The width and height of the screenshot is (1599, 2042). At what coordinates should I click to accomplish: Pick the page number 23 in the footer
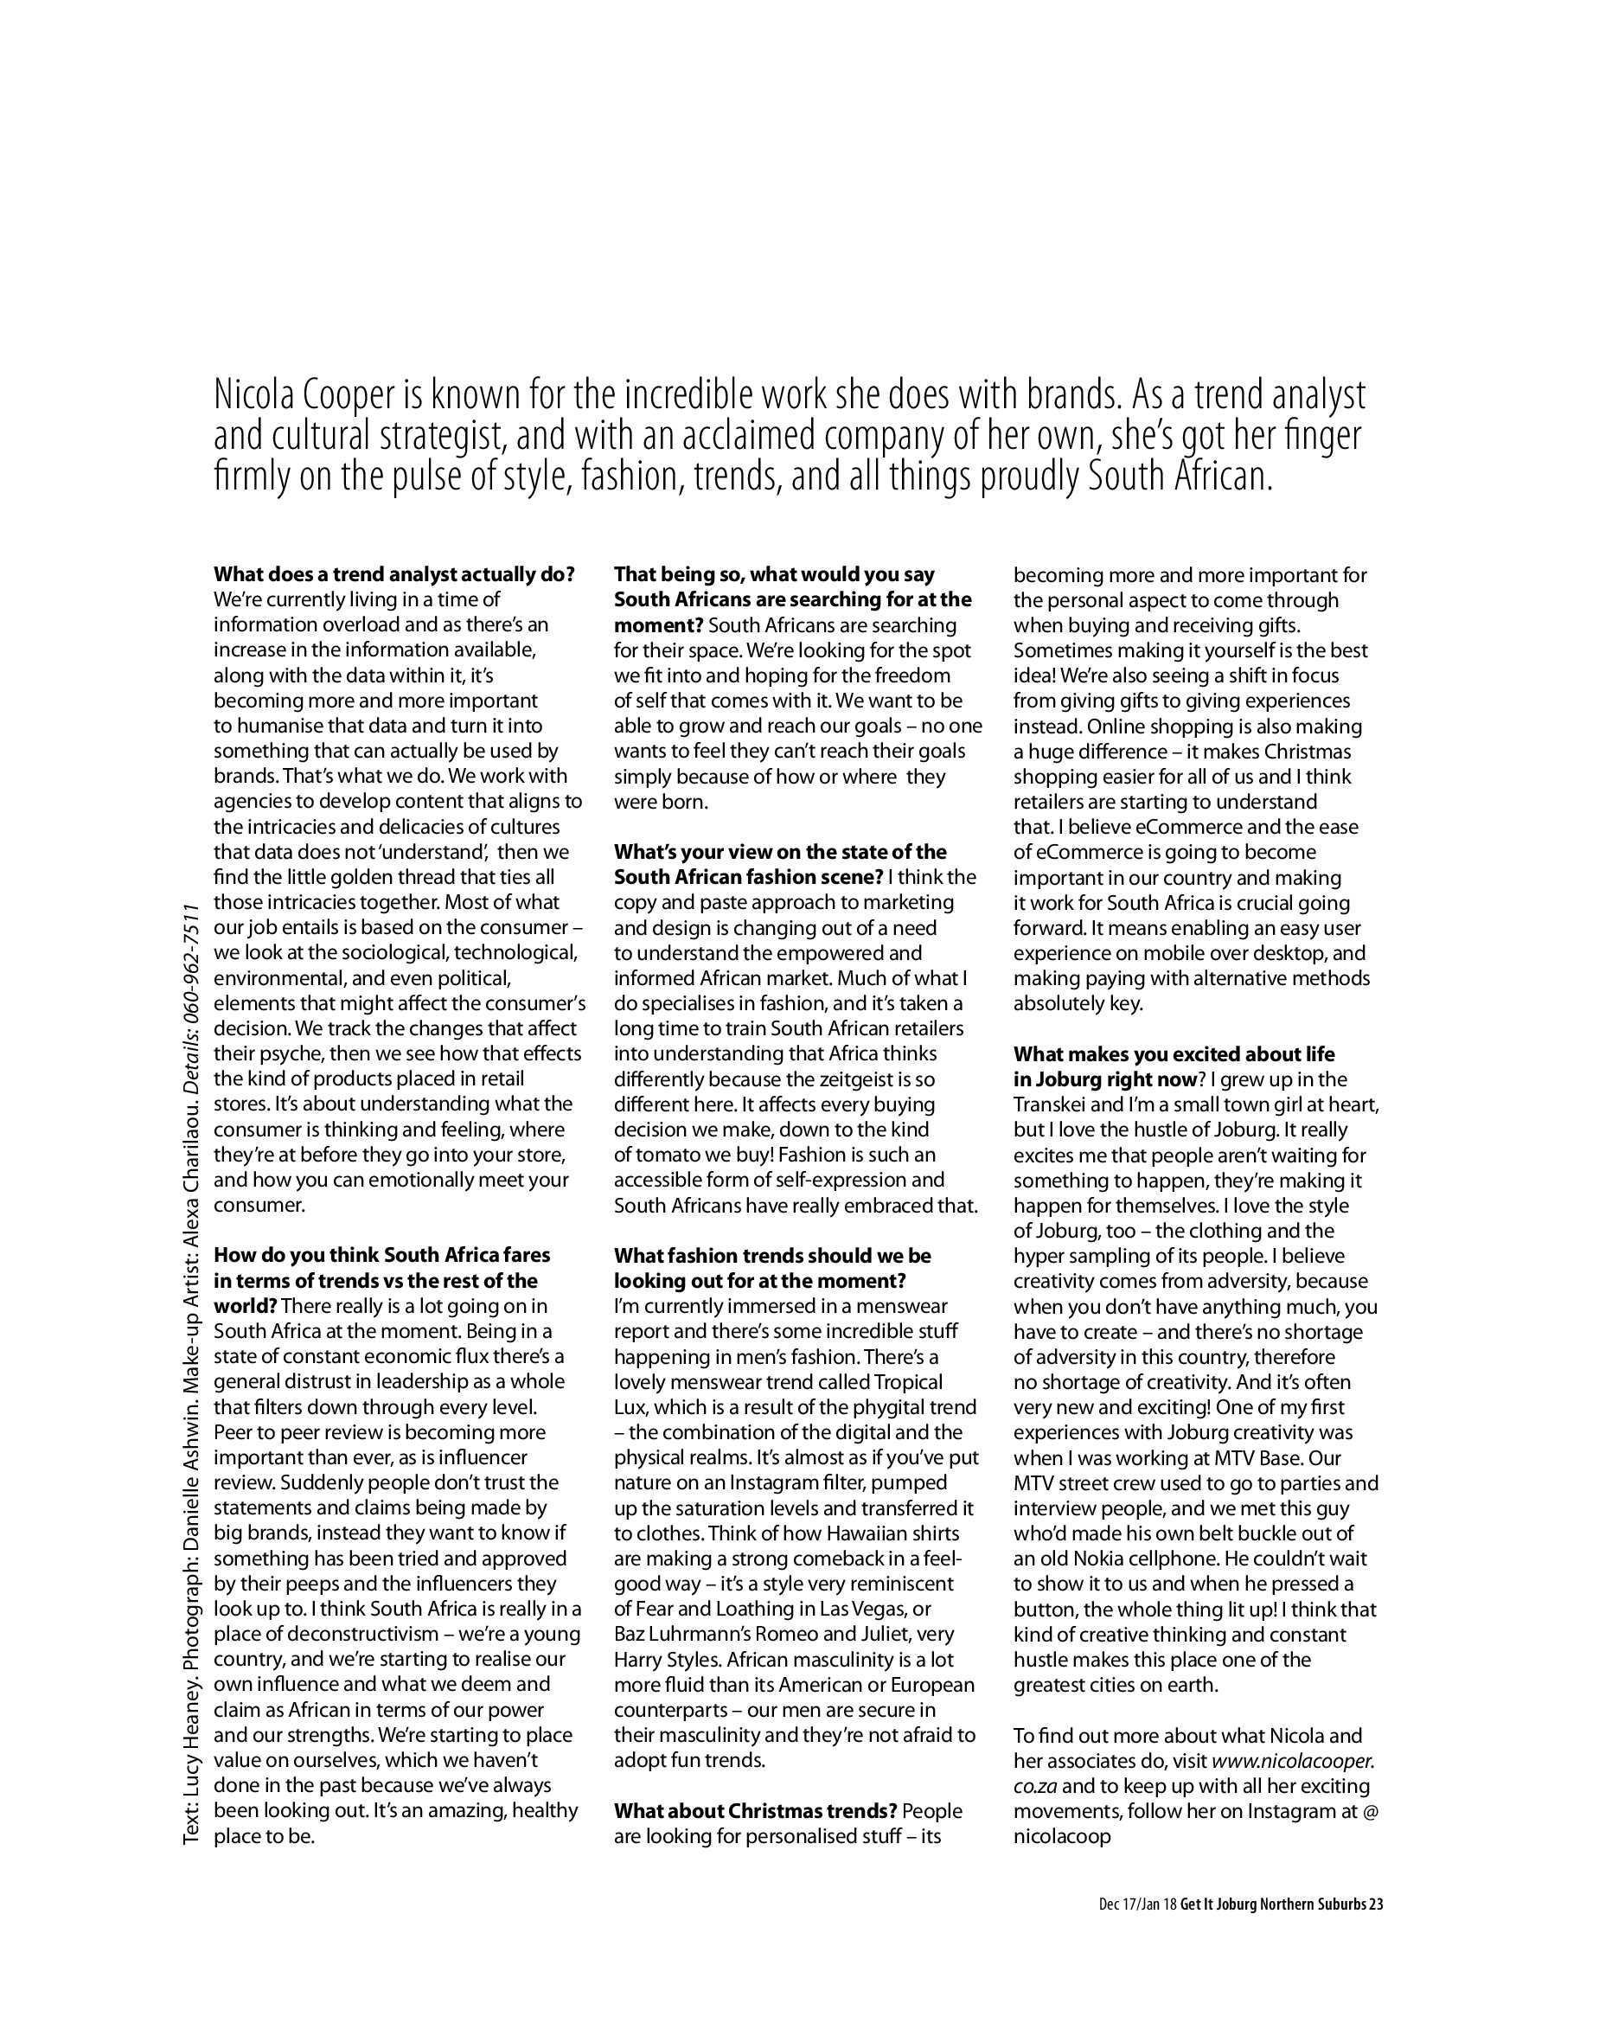coord(1375,1904)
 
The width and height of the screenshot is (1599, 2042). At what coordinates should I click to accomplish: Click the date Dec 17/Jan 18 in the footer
coord(1137,1904)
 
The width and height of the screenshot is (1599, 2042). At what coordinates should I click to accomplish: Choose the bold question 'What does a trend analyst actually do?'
coord(394,574)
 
